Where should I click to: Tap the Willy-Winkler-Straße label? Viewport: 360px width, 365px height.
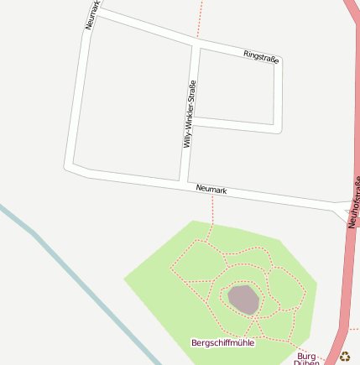tap(190, 114)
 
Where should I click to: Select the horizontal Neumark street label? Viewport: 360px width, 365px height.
tap(211, 190)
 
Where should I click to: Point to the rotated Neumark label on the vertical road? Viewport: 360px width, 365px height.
tap(93, 14)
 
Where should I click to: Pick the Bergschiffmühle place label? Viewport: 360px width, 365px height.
tap(223, 342)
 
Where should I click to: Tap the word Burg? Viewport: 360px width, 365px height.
tap(306, 356)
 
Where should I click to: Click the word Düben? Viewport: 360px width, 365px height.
tap(306, 362)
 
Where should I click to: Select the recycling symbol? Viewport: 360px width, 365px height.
tap(343, 356)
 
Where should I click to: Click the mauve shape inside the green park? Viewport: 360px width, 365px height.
tap(243, 299)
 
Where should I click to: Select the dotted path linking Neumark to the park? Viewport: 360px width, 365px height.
tap(213, 210)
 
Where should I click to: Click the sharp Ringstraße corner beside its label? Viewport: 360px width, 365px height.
tap(279, 61)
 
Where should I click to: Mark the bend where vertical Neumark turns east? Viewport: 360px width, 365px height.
tap(72, 165)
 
